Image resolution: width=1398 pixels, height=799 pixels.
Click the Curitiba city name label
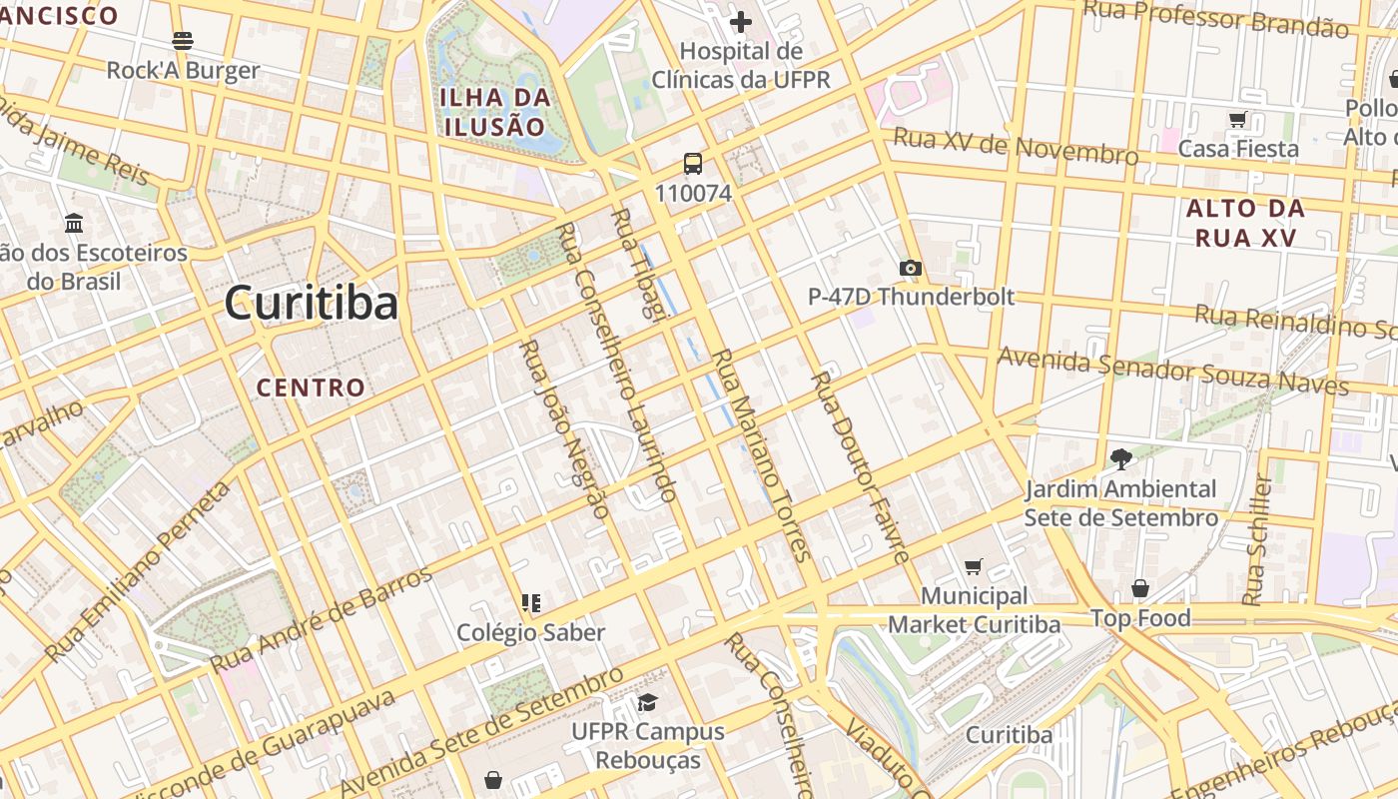click(x=311, y=303)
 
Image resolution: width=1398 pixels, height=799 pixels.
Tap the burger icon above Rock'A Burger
click(x=183, y=41)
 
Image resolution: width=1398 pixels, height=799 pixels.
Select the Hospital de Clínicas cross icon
click(x=740, y=21)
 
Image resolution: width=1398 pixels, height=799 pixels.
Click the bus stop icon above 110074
click(x=693, y=164)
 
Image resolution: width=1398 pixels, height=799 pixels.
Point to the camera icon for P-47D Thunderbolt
click(x=910, y=268)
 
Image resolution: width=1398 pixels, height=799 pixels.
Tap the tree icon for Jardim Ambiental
click(x=1120, y=459)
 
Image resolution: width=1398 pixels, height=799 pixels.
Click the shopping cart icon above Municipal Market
click(x=974, y=566)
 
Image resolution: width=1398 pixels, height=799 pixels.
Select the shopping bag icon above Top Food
click(x=1140, y=588)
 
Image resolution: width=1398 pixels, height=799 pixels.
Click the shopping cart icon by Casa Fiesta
click(x=1238, y=120)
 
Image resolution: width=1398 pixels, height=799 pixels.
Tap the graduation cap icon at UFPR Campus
click(x=647, y=702)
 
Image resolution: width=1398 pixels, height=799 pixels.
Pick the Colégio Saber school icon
click(x=530, y=602)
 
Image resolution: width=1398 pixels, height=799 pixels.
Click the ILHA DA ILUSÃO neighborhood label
click(x=496, y=112)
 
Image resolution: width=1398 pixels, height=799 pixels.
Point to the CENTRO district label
click(x=311, y=388)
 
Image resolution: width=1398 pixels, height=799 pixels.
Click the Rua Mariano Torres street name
click(x=758, y=454)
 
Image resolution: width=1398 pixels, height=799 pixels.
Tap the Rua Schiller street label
click(x=1258, y=540)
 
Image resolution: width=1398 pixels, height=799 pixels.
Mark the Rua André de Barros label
click(x=322, y=619)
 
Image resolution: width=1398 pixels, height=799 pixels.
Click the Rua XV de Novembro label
click(x=1015, y=147)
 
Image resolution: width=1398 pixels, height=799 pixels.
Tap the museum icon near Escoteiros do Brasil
click(x=74, y=223)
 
